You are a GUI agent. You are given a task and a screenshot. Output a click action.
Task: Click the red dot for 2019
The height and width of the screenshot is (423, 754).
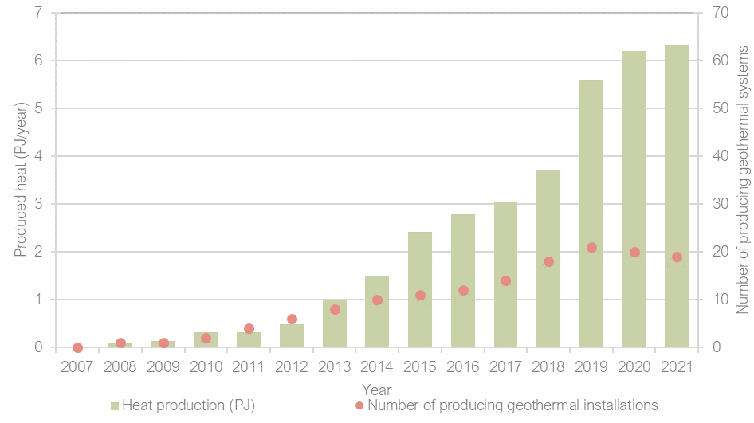point(591,247)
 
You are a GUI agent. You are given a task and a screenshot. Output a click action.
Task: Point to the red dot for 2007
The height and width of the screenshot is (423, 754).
point(77,347)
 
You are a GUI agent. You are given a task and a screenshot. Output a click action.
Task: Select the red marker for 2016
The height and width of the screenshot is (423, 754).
point(463,290)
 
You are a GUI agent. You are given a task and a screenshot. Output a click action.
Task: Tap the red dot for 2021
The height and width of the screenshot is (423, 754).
point(677,257)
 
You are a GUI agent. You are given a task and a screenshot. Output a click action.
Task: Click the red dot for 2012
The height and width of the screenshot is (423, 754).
point(292,319)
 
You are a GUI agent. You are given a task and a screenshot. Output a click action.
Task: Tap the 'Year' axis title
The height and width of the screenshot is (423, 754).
point(376,390)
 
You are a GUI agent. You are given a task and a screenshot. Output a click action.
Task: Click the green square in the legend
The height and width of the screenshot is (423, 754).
point(115,406)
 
